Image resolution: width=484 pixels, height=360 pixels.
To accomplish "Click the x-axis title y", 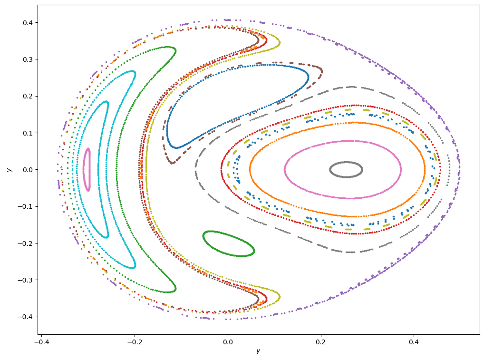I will (x=258, y=351).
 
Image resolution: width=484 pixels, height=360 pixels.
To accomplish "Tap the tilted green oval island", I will (x=229, y=244).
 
